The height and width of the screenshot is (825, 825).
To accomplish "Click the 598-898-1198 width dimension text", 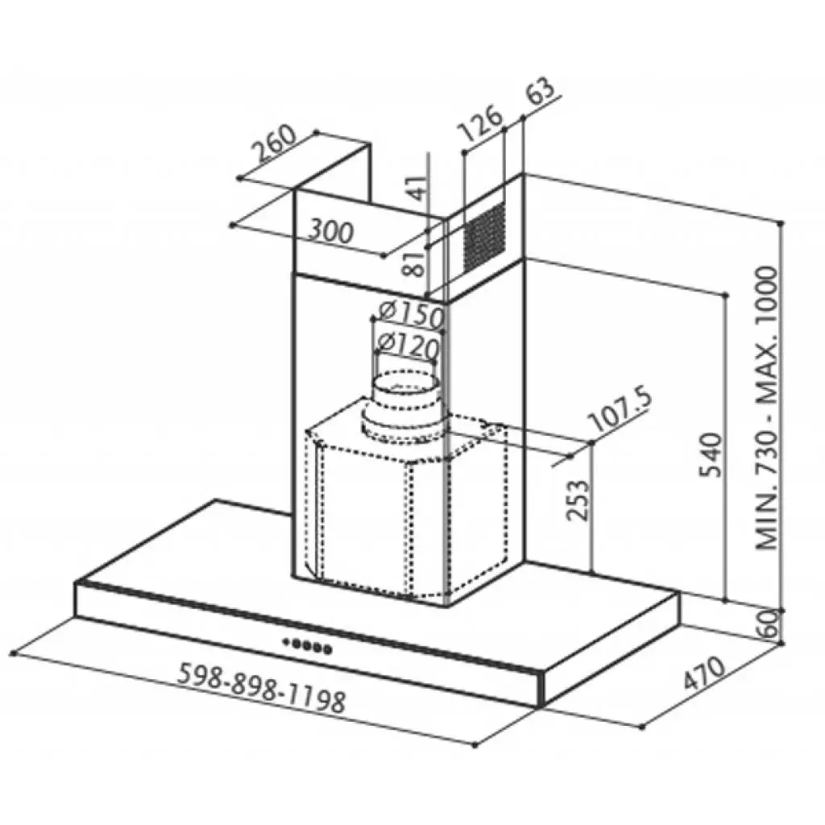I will pyautogui.click(x=260, y=687).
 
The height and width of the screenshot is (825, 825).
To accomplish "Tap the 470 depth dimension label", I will pyautogui.click(x=705, y=675).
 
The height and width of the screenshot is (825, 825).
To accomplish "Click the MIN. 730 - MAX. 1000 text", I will pyautogui.click(x=769, y=408).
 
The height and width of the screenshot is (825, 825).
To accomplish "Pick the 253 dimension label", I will pyautogui.click(x=577, y=500).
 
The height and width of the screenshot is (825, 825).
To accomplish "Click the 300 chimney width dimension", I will pyautogui.click(x=331, y=232).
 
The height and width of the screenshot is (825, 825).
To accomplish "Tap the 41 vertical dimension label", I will pyautogui.click(x=417, y=190).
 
